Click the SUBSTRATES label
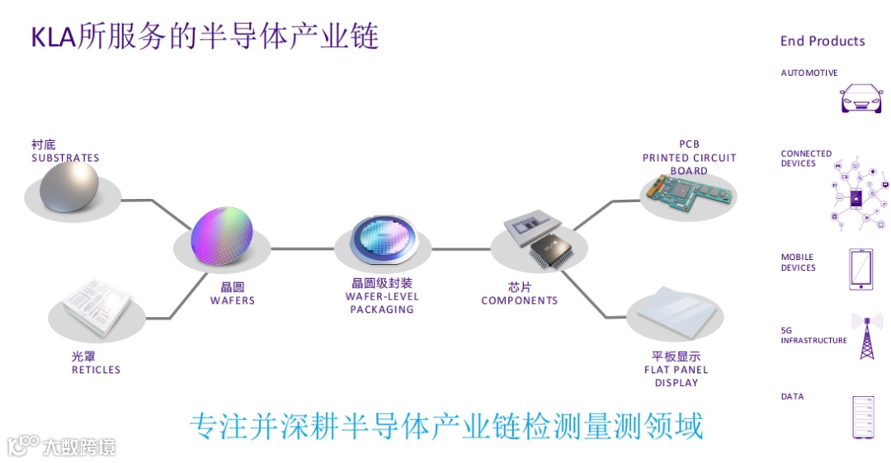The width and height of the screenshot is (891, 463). pyautogui.click(x=65, y=158)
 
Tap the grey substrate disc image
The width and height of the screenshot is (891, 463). pyautogui.click(x=70, y=187)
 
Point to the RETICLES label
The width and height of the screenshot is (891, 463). pyautogui.click(x=96, y=370)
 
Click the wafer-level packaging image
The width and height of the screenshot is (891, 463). pyautogui.click(x=384, y=245)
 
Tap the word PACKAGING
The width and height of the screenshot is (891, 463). pyautogui.click(x=382, y=309)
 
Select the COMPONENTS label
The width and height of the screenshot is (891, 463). pyautogui.click(x=520, y=300)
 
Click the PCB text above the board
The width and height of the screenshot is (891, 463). pyautogui.click(x=689, y=144)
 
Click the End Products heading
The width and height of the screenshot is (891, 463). pyautogui.click(x=823, y=41)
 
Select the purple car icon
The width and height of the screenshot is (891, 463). pyautogui.click(x=860, y=98)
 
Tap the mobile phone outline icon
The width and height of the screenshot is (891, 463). pyautogui.click(x=861, y=269)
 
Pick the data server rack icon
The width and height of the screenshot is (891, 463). pyautogui.click(x=862, y=417)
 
